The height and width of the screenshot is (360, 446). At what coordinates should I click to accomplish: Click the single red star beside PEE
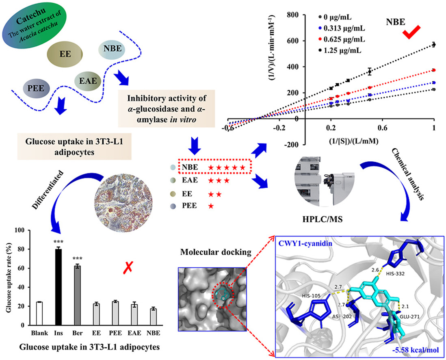[x=211, y=206]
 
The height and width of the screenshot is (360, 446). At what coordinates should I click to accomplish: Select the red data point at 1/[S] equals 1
[x=434, y=70]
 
